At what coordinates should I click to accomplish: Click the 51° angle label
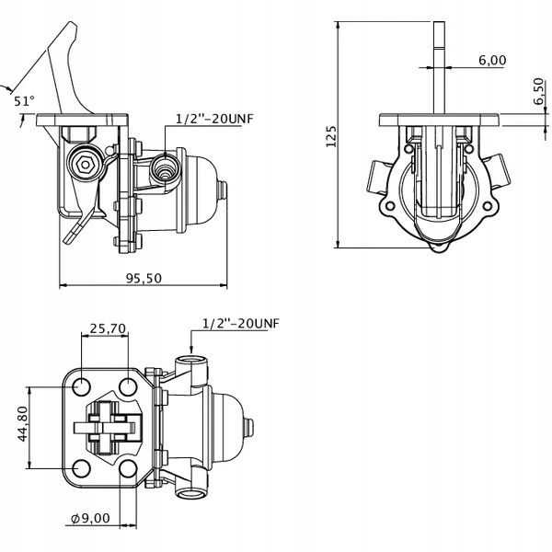24,102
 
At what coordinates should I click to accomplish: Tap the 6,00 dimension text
492,61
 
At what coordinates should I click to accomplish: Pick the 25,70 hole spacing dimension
108,328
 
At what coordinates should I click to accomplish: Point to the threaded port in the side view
167,168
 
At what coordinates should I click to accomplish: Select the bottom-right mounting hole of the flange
129,471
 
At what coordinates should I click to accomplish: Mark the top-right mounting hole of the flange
129,385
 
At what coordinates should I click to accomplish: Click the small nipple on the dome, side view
223,190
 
